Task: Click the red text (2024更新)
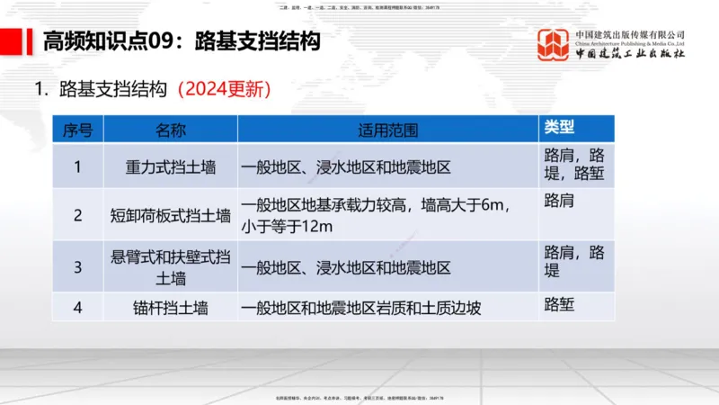[225, 90]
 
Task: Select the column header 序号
[77, 129]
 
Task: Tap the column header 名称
[171, 129]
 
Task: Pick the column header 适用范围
[388, 129]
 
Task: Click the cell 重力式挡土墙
[171, 166]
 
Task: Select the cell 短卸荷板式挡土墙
[171, 215]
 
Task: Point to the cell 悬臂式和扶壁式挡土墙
[171, 267]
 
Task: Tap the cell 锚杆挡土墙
[171, 308]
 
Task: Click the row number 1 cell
[77, 166]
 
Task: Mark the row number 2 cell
[77, 215]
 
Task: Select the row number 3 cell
[77, 267]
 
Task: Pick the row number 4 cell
[77, 308]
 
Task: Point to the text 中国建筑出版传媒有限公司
[630, 35]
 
